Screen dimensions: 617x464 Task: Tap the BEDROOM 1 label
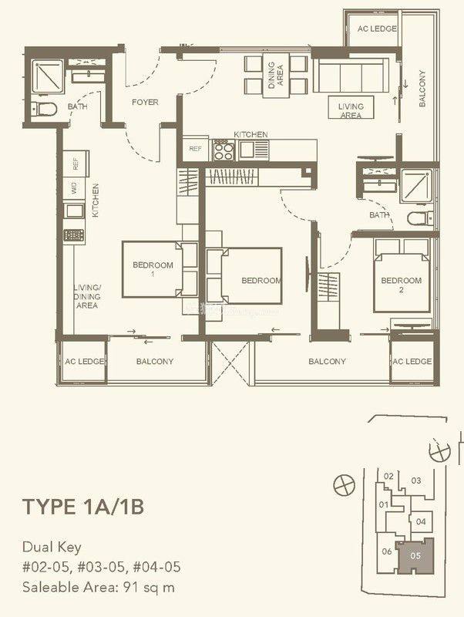point(153,269)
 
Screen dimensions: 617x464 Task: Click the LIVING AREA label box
point(351,110)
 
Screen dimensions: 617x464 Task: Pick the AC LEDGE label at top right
point(371,29)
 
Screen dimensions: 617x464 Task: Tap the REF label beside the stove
point(193,148)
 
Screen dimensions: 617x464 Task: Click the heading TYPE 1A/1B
point(83,507)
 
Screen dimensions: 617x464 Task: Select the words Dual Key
point(50,548)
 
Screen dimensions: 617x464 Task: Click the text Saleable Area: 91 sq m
point(99,587)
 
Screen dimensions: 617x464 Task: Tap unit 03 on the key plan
point(416,480)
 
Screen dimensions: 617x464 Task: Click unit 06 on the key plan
point(387,551)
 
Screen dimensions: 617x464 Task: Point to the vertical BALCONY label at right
point(422,88)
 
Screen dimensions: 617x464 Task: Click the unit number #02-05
point(45,568)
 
